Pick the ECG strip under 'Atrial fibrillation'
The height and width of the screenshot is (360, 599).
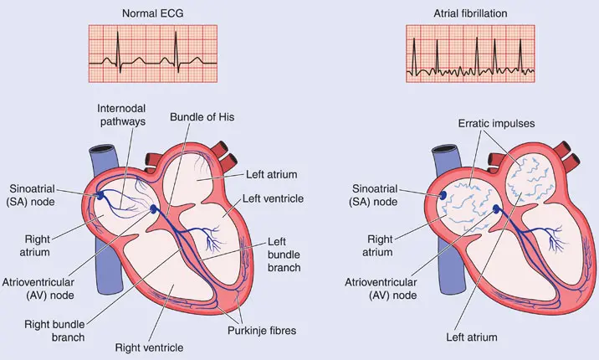click(469, 54)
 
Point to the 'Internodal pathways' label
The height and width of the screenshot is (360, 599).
click(121, 115)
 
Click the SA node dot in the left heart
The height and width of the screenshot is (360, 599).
click(101, 193)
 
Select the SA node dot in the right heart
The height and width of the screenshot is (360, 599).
click(444, 193)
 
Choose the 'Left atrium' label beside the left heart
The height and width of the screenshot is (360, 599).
click(260, 174)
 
